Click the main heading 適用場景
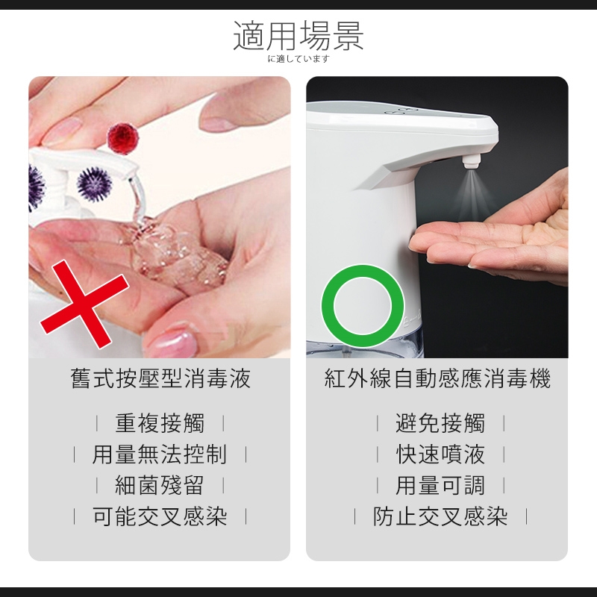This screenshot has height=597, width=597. point(298,36)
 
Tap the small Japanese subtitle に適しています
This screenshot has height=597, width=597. point(298,59)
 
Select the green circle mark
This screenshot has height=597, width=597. point(363,306)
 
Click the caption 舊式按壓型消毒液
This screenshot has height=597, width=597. point(160,378)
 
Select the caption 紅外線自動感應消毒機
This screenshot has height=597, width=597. point(437,378)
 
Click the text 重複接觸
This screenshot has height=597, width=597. point(160,423)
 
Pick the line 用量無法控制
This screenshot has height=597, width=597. point(160,454)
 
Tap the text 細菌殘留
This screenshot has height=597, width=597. point(160,486)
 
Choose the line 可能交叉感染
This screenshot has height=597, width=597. point(160,516)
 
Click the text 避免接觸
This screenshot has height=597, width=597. point(440,423)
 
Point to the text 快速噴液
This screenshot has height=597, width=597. point(440,454)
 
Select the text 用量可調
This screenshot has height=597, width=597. point(440,486)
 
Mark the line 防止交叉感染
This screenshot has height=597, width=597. point(440,516)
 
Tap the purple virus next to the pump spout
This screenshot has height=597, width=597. point(94,184)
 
